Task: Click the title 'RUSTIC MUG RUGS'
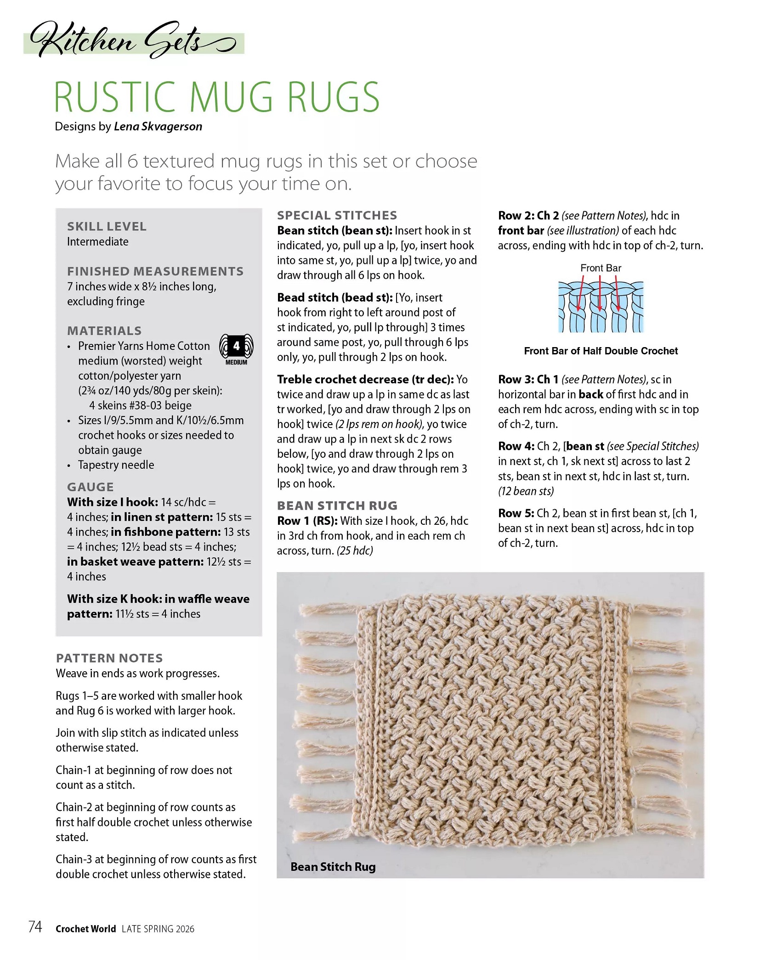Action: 217,97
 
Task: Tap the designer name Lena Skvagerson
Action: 158,127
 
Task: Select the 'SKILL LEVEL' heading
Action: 107,226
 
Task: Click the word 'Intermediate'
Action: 97,241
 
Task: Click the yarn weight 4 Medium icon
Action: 236,349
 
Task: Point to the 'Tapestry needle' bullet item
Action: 116,465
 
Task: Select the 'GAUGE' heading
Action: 90,487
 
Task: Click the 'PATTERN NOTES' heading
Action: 109,658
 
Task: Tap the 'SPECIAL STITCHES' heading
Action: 337,215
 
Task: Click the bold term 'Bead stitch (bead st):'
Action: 335,298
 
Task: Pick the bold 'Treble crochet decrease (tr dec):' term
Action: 365,379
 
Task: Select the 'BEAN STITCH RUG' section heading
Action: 337,505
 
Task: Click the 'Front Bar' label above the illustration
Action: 601,268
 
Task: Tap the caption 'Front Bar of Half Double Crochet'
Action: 601,351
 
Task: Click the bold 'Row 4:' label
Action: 516,446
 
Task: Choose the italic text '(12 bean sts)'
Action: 526,491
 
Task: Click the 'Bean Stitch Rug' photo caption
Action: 333,867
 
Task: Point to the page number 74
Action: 35,927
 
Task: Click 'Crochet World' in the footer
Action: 85,929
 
